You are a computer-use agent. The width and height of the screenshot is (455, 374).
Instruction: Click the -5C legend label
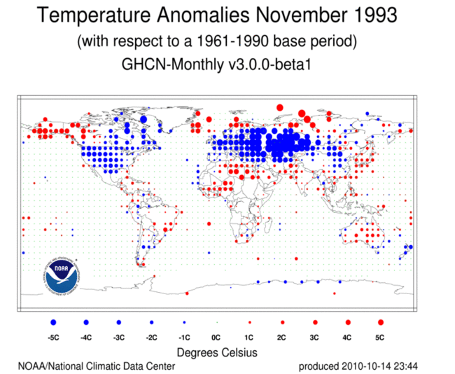coord(53,337)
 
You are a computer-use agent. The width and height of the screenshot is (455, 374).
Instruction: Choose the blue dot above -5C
coord(53,322)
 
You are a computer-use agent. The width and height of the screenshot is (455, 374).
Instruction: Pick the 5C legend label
coord(380,337)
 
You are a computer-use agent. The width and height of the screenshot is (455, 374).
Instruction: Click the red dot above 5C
coord(380,322)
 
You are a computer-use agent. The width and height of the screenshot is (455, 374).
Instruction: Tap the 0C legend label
coord(216,337)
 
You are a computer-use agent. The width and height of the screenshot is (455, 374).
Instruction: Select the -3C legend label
coord(118,337)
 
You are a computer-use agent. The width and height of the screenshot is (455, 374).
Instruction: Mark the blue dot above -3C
coord(118,322)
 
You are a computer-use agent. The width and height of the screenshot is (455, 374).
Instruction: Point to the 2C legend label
coord(282,337)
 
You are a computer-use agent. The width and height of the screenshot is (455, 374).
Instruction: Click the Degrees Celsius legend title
coord(216,352)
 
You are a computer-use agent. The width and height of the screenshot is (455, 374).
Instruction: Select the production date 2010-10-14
coord(367,366)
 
